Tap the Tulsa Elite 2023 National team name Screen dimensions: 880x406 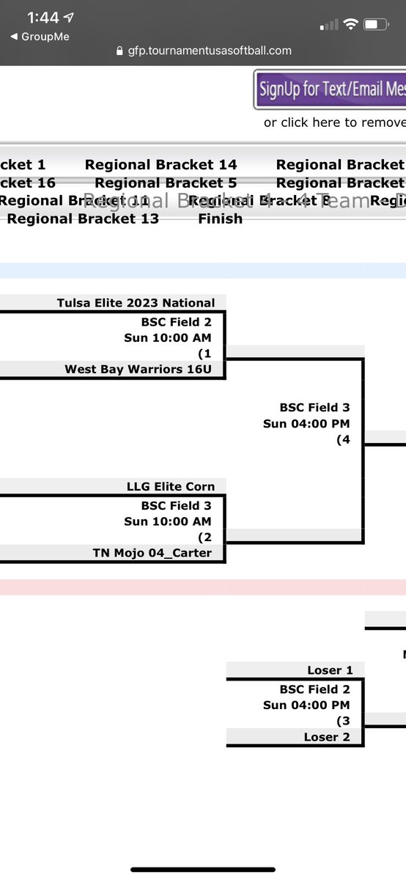coord(136,303)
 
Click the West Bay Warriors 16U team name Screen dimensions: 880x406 coord(138,370)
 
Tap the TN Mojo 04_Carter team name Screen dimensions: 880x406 coord(152,553)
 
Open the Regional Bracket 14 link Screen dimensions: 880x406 coord(160,165)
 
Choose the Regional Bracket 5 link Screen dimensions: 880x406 coord(166,183)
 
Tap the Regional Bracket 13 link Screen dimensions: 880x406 coord(83,219)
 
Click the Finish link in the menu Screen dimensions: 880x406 coord(220,219)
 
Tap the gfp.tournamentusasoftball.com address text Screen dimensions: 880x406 coord(210,51)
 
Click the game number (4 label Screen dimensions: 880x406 coord(342,440)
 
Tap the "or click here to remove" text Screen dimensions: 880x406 coord(334,122)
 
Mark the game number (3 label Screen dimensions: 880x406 coord(342,721)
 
